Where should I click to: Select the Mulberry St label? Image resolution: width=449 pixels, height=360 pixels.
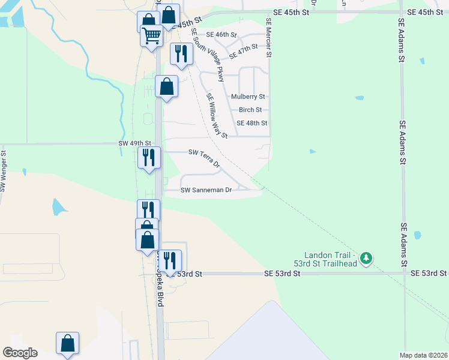[248, 96]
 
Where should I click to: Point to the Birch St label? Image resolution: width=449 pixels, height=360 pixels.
[250, 110]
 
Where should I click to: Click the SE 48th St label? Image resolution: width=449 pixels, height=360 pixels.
[252, 123]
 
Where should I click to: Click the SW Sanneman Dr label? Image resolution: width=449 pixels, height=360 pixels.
[206, 190]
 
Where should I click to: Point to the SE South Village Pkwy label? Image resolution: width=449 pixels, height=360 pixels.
[207, 55]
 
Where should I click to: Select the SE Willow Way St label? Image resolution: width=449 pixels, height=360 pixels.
[216, 115]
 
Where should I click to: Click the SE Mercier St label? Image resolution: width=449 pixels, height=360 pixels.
[269, 38]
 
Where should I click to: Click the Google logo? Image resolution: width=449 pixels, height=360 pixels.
[20, 352]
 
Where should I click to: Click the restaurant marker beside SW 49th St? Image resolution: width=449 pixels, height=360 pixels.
[149, 158]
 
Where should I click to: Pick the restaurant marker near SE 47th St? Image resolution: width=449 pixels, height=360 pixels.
[181, 54]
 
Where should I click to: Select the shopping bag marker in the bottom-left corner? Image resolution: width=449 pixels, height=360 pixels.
[68, 344]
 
